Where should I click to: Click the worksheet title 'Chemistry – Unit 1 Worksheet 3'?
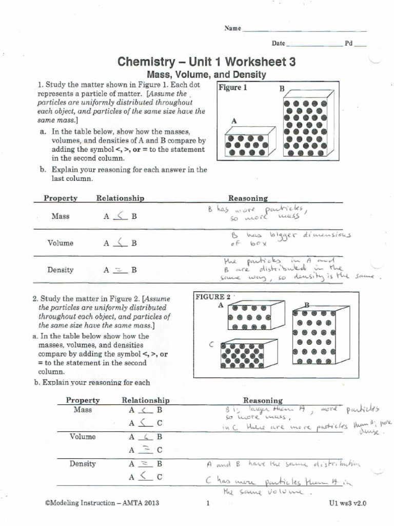click(207, 62)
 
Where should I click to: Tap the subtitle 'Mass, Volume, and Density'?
click(207, 75)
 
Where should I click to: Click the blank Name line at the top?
click(304, 30)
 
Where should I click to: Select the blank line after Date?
click(315, 45)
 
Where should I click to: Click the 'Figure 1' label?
click(233, 88)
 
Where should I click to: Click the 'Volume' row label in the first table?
click(61, 243)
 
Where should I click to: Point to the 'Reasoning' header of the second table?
click(263, 400)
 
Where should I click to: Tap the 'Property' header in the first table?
click(61, 198)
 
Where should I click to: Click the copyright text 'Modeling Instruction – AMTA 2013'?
click(102, 503)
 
